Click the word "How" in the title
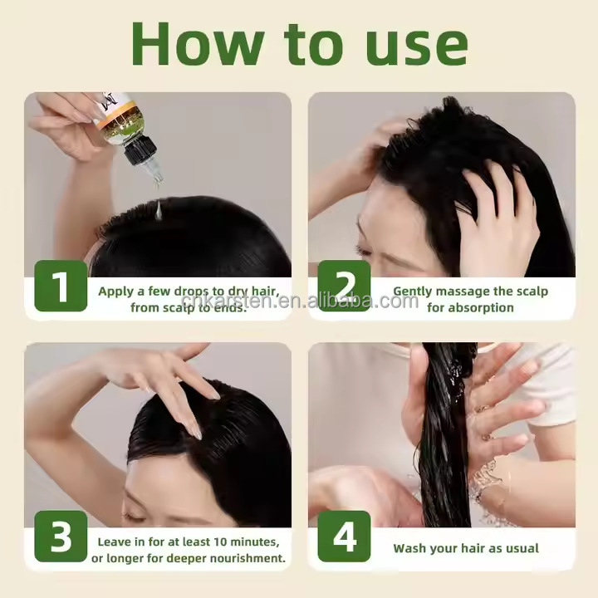pos(198,44)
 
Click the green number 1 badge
pos(61,286)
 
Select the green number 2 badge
pos(344,286)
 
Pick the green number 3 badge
pos(61,537)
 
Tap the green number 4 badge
pos(344,537)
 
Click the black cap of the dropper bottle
pos(140,149)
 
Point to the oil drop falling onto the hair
pos(159,210)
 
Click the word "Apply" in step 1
pos(116,292)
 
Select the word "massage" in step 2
pos(463,292)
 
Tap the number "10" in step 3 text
pos(220,542)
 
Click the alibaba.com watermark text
pos(300,301)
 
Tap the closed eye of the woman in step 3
pos(135,517)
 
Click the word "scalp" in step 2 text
pos(532,292)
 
